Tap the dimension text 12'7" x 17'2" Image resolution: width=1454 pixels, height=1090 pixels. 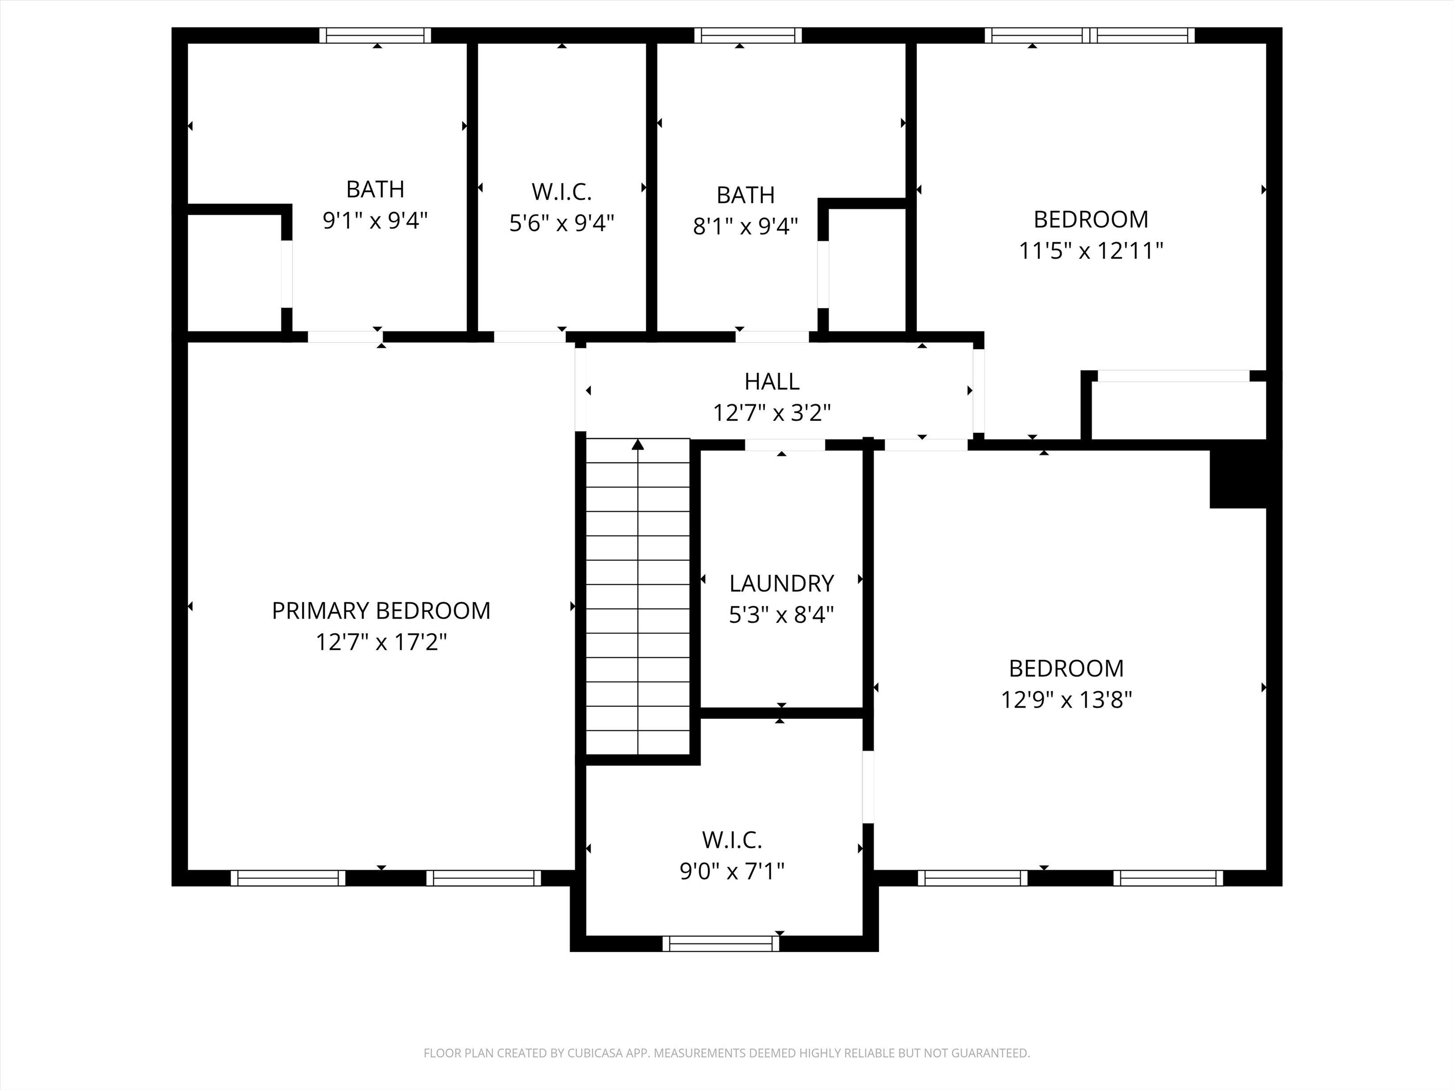click(x=381, y=642)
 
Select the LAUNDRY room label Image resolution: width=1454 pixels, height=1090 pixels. click(x=781, y=583)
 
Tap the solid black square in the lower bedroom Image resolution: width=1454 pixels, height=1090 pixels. click(x=1238, y=479)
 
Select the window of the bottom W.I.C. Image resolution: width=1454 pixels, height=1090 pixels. click(x=720, y=943)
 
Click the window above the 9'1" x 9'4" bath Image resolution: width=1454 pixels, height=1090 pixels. click(x=375, y=35)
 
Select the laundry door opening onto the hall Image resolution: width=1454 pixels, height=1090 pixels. click(x=784, y=445)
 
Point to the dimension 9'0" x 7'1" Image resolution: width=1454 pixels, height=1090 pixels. click(x=732, y=872)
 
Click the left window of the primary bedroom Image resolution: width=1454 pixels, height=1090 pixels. click(x=288, y=878)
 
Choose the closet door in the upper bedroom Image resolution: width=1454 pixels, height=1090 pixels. click(x=1173, y=376)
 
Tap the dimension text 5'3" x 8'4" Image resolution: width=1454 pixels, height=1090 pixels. click(x=781, y=615)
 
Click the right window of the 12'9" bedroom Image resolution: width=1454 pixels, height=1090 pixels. click(x=1168, y=878)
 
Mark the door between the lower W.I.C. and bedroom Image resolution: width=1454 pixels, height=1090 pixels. click(x=868, y=786)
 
